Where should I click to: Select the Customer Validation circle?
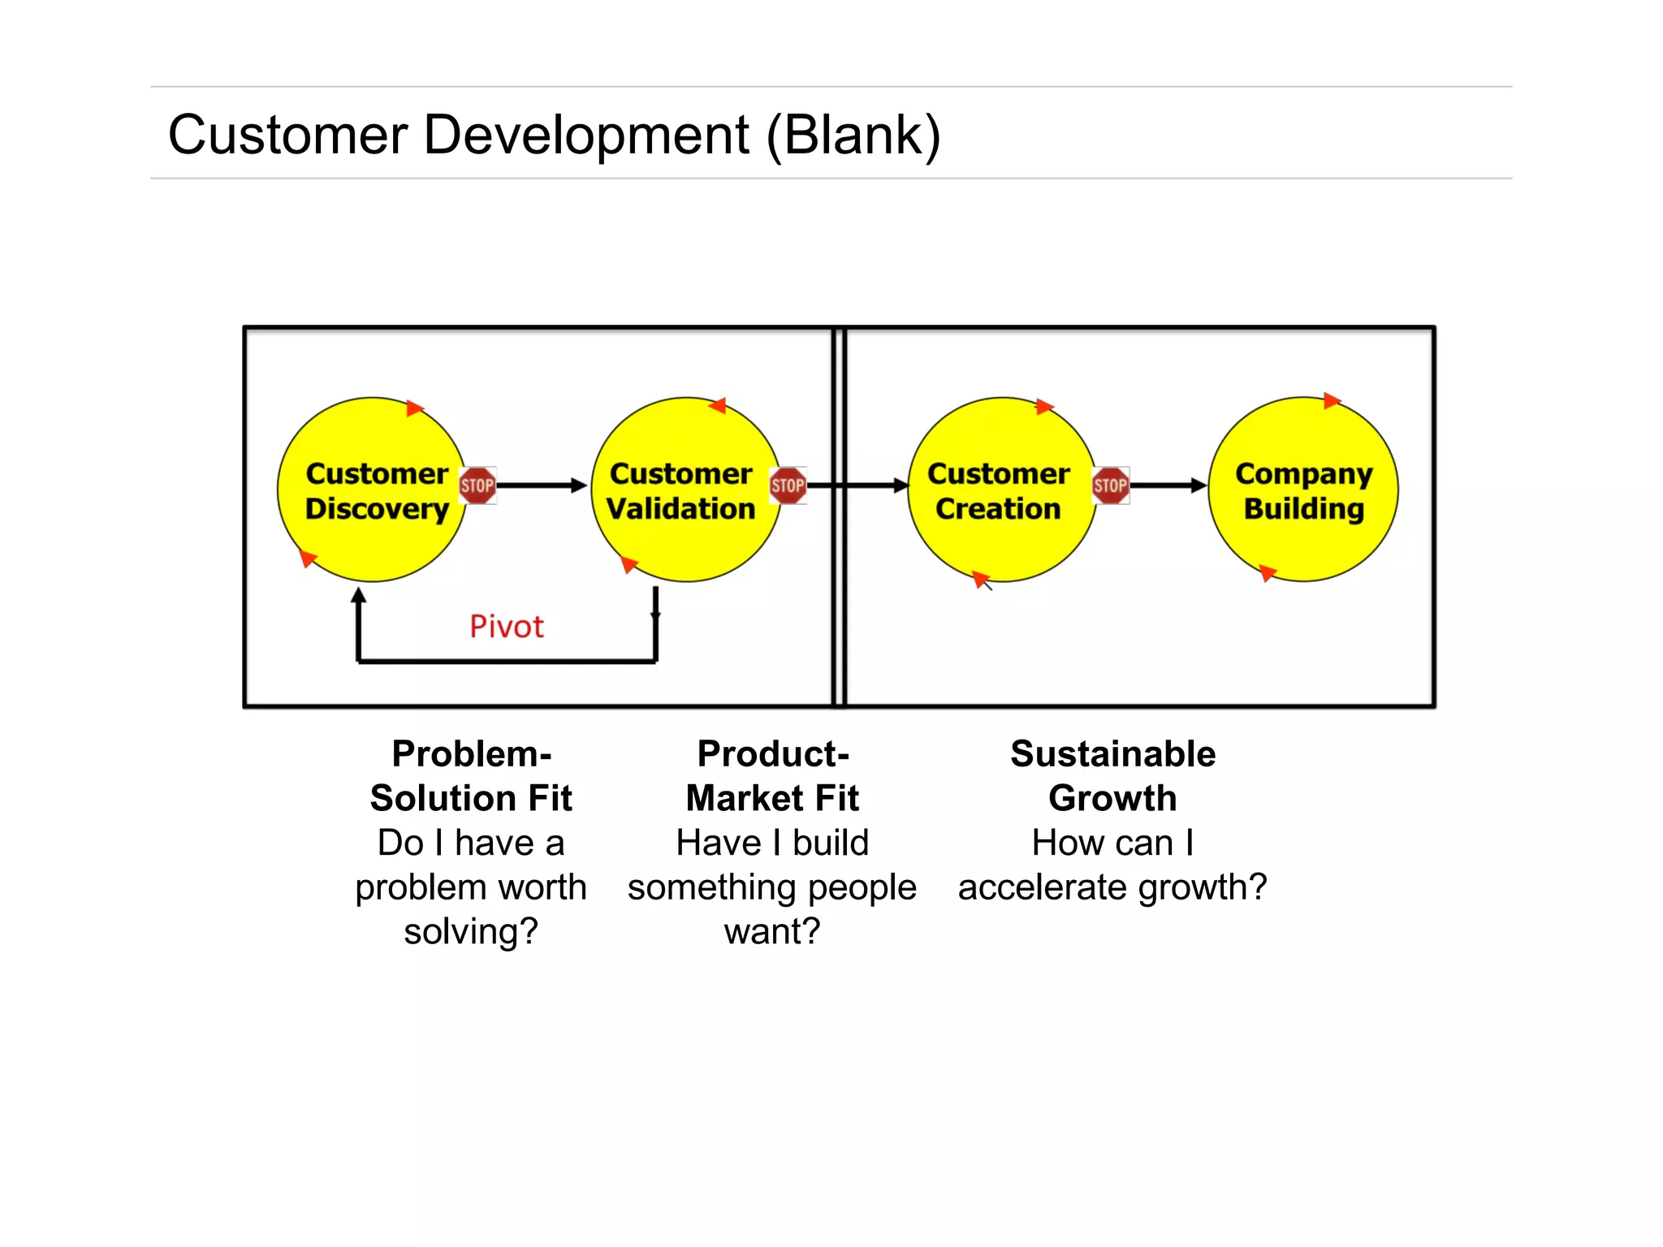coord(686,536)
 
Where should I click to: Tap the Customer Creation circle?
coord(1000,536)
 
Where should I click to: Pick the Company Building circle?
coord(1303,536)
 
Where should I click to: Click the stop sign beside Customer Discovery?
coord(477,485)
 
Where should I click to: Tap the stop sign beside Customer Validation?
coord(788,485)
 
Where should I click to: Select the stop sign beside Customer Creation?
coord(1110,485)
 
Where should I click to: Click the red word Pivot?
coord(507,627)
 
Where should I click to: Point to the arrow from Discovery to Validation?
coord(540,485)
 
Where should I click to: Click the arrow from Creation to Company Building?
coord(1168,485)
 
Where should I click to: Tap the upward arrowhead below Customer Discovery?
coord(359,596)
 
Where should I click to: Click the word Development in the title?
coord(585,135)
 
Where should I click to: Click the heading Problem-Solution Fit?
coord(471,776)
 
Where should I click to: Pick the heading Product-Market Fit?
coord(772,776)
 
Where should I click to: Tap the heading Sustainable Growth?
coord(1112,776)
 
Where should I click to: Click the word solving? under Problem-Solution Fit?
coord(471,931)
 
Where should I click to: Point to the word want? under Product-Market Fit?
coord(772,931)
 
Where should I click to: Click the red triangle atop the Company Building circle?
coord(1331,400)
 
